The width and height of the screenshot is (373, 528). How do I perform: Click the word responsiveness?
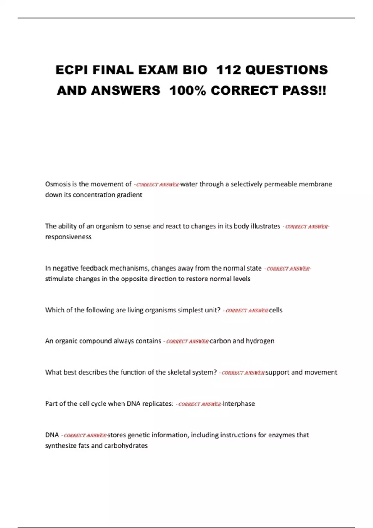point(68,237)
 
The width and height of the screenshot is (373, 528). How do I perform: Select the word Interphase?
point(238,403)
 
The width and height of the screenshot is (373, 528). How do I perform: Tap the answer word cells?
point(276,310)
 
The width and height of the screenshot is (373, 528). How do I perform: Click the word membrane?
point(315,184)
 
